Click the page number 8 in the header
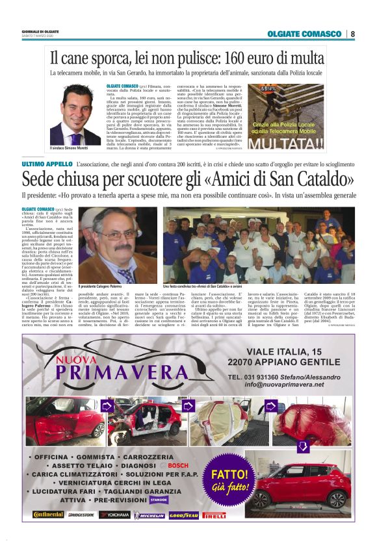click(352, 34)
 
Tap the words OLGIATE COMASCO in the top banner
click(304, 34)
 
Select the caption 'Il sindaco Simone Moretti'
click(74, 149)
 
